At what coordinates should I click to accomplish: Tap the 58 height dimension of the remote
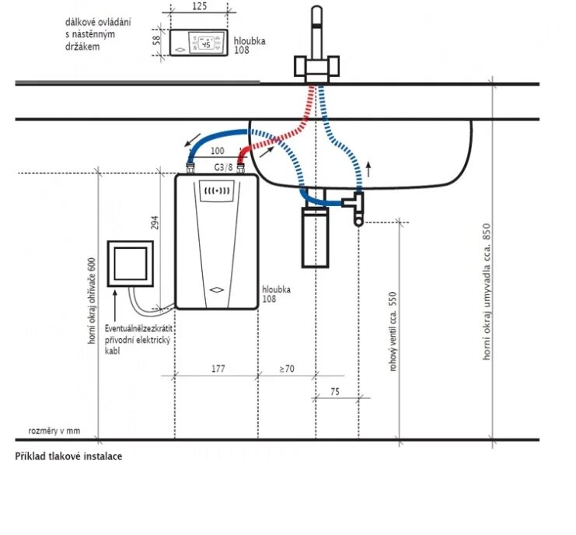(x=156, y=40)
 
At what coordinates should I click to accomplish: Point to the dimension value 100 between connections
(x=217, y=149)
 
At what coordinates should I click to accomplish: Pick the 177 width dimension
(x=218, y=369)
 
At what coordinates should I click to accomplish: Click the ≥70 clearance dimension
(x=286, y=369)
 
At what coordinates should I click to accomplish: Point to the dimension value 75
(x=334, y=393)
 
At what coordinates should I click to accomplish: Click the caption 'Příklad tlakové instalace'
(x=68, y=456)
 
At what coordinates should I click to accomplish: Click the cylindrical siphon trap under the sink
(x=315, y=236)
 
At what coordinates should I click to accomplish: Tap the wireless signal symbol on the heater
(x=217, y=189)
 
